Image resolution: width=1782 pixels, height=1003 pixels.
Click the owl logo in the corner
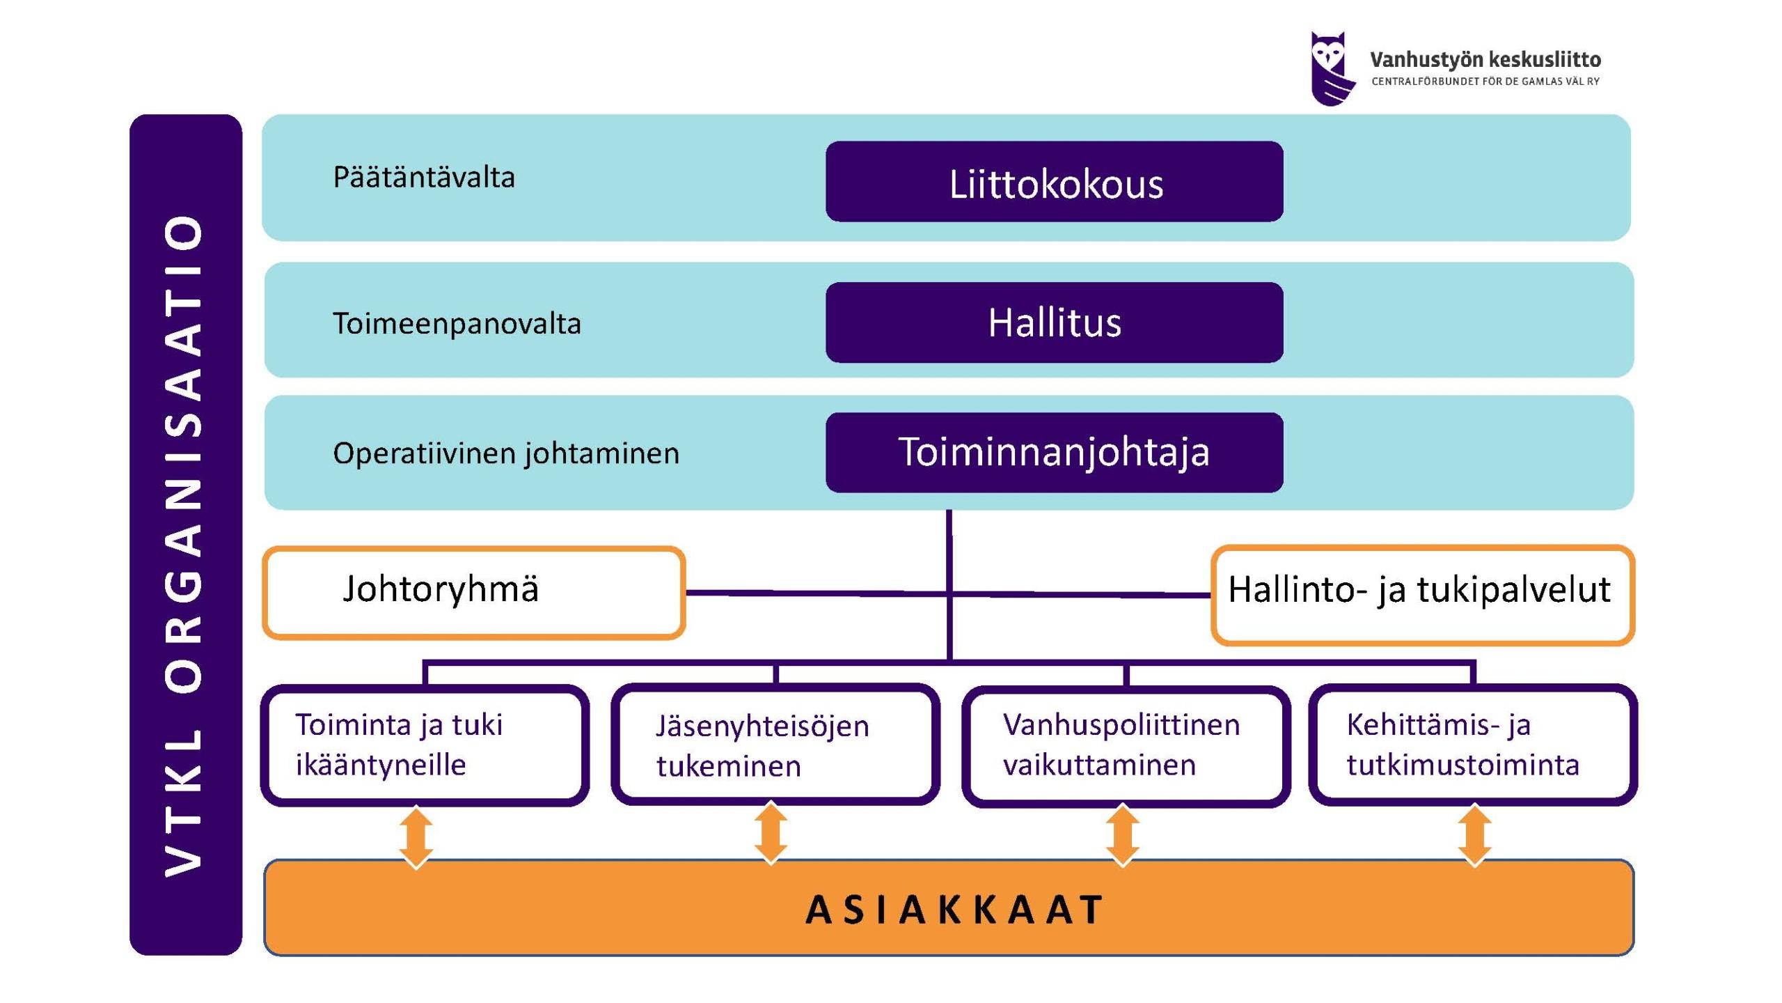(1332, 68)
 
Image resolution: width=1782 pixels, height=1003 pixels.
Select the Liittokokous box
(1055, 182)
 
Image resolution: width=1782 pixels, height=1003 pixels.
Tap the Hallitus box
(1055, 322)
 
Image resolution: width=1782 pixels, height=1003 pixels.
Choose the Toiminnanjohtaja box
(1055, 452)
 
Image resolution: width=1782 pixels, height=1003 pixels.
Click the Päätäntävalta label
(424, 178)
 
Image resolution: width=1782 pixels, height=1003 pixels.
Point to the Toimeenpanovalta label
(457, 324)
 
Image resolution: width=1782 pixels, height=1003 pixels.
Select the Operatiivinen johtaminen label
(506, 454)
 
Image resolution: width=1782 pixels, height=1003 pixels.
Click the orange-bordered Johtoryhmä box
(473, 593)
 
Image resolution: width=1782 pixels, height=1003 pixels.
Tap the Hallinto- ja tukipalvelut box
(1422, 595)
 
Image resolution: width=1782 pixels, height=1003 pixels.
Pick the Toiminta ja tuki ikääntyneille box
(425, 745)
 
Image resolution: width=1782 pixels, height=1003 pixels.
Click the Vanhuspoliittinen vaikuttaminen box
(1126, 745)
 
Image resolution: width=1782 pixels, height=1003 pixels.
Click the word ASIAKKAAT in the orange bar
(954, 910)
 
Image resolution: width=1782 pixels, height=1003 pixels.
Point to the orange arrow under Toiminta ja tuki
(416, 838)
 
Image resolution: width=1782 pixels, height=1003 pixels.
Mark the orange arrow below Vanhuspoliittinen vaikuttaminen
(1123, 836)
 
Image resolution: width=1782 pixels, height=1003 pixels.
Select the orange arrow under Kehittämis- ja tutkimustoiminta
(1474, 837)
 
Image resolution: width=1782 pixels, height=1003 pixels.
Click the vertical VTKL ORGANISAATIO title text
(184, 545)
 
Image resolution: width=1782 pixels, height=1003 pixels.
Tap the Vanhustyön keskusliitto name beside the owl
(1485, 60)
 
